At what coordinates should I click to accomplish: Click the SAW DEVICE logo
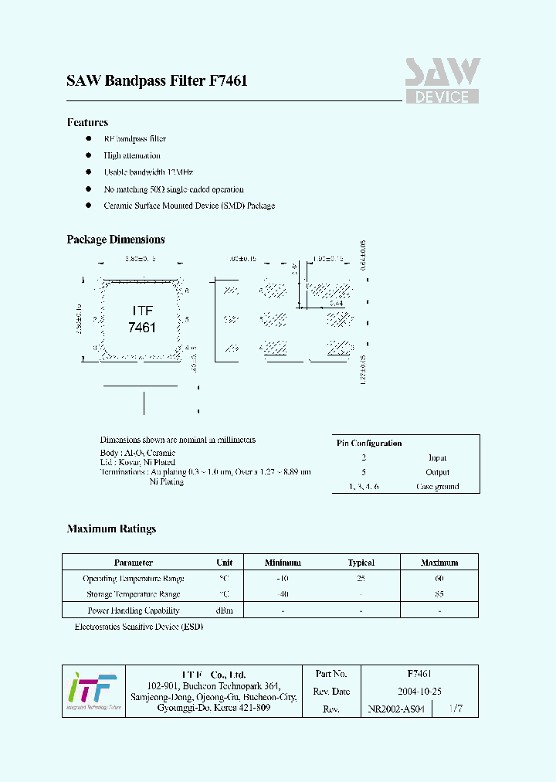pyautogui.click(x=442, y=81)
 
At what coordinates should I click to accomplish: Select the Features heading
pyautogui.click(x=87, y=122)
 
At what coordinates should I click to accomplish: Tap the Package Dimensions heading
pyautogui.click(x=116, y=240)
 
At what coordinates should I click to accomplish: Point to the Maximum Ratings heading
pyautogui.click(x=111, y=529)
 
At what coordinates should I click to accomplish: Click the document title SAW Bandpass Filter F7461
pyautogui.click(x=157, y=81)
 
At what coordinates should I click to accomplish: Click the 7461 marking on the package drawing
pyautogui.click(x=142, y=327)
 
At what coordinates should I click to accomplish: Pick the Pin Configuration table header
pyautogui.click(x=369, y=443)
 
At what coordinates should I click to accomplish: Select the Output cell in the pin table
pyautogui.click(x=437, y=472)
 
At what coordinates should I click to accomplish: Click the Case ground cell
pyautogui.click(x=437, y=487)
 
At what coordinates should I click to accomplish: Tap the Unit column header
pyautogui.click(x=225, y=563)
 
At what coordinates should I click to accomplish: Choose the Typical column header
pyautogui.click(x=361, y=563)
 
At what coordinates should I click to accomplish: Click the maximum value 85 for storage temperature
pyautogui.click(x=439, y=594)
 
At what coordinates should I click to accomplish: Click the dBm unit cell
pyautogui.click(x=225, y=610)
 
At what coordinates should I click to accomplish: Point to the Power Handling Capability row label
pyautogui.click(x=134, y=610)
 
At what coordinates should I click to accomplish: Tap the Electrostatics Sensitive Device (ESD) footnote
pyautogui.click(x=138, y=627)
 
